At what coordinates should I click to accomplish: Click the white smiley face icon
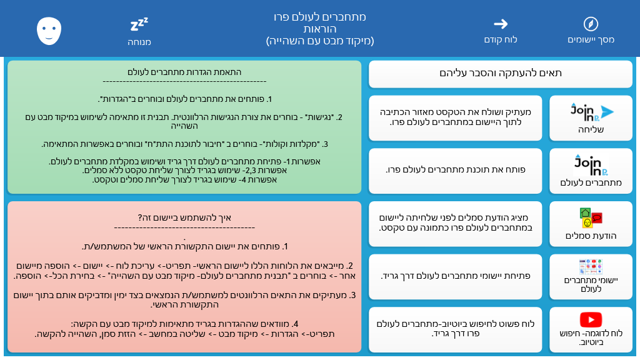(x=49, y=31)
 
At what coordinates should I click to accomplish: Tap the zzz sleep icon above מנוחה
(x=139, y=24)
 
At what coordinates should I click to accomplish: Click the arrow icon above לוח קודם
(x=501, y=24)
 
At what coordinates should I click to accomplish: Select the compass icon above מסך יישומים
(x=591, y=24)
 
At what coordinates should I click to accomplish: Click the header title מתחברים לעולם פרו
(x=319, y=17)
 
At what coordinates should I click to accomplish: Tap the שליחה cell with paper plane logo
(x=591, y=118)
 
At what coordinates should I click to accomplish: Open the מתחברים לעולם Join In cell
(x=591, y=171)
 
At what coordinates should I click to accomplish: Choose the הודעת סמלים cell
(x=591, y=224)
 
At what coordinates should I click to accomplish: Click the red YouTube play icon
(x=591, y=319)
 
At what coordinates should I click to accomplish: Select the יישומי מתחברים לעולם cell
(x=591, y=277)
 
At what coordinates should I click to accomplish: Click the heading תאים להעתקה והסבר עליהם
(x=501, y=73)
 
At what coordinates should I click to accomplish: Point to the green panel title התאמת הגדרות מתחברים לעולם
(x=184, y=72)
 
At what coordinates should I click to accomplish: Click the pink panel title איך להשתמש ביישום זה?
(x=184, y=217)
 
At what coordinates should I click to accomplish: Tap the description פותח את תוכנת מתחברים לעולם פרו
(x=456, y=170)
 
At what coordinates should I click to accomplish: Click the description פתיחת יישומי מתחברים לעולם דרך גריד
(x=456, y=276)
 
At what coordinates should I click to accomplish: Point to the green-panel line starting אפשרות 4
(x=184, y=179)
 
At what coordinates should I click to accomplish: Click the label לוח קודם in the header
(x=501, y=39)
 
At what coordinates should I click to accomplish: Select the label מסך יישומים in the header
(x=591, y=39)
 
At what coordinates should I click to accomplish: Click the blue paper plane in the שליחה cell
(x=607, y=112)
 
